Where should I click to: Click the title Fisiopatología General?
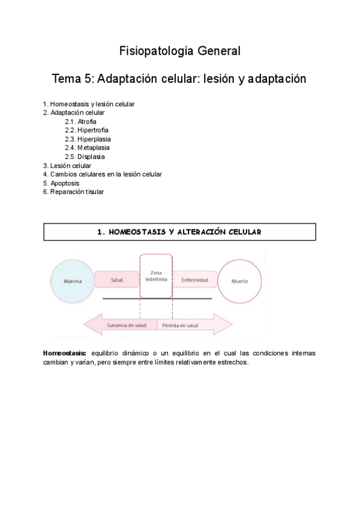coord(179,51)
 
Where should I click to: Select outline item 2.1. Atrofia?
coord(80,121)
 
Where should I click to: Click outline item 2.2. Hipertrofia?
coord(86,130)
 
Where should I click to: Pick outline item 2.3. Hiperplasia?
coord(88,139)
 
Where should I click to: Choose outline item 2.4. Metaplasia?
coord(87,148)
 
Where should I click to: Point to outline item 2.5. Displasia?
coord(85,157)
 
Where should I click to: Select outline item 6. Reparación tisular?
coord(73,192)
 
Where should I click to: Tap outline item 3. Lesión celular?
coord(67,166)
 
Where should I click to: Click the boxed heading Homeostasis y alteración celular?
coord(179,232)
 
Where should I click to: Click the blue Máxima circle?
coord(73,281)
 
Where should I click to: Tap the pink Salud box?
coord(117,280)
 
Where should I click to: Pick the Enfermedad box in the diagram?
coord(194,280)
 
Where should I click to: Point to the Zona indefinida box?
coord(156,276)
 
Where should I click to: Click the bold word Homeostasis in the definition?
coord(65,353)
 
